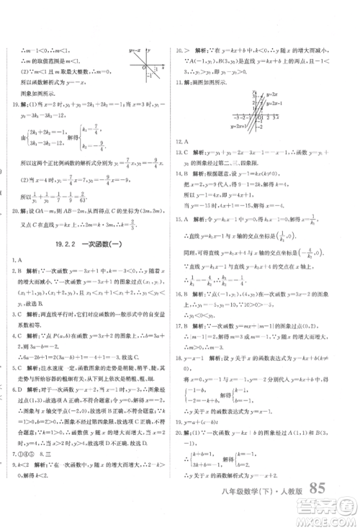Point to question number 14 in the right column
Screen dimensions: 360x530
pos(180,174)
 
